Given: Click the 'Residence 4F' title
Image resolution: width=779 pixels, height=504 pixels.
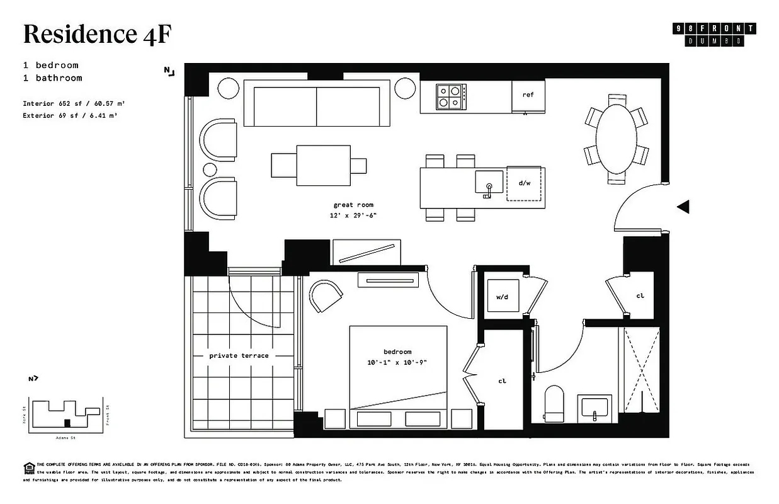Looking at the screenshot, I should (97, 34).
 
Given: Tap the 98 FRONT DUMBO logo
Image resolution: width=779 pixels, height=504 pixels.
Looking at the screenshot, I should (714, 35).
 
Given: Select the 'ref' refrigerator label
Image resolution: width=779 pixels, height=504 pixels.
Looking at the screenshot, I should (528, 94).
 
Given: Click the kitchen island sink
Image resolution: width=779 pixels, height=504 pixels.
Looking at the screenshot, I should (489, 182).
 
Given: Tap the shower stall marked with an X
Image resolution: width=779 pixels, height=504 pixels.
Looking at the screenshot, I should (642, 370).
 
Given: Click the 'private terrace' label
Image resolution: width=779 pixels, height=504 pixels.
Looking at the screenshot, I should (239, 356).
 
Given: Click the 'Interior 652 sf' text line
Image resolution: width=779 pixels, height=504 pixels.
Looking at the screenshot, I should (69, 103).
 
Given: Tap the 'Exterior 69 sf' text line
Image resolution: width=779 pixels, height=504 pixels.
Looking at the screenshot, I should (69, 116).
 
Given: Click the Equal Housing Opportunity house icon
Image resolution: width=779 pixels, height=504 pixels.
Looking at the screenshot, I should (28, 467).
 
